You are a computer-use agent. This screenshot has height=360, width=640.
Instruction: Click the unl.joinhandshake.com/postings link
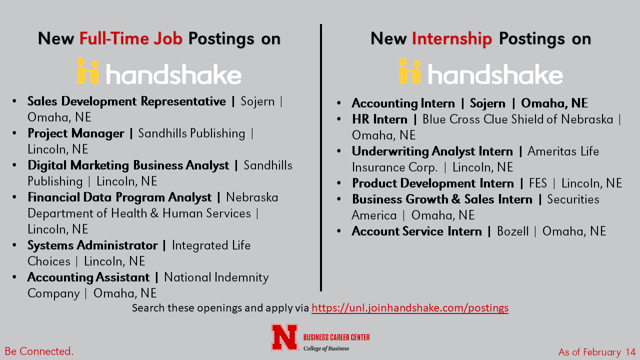pos(410,308)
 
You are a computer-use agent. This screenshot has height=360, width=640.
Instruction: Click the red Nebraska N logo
pos(284,337)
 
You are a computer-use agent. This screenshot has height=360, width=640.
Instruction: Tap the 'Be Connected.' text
pos(39,351)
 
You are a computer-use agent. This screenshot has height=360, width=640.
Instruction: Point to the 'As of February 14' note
pos(597,352)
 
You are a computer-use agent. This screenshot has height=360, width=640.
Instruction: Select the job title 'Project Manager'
pos(76,133)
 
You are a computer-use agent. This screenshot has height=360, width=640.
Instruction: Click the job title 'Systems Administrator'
pos(92,245)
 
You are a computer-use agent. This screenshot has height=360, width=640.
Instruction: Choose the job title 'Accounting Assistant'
pos(88,277)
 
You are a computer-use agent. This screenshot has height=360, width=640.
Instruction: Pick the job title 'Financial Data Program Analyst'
pos(119,197)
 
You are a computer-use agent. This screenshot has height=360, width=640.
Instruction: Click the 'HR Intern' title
pos(379,119)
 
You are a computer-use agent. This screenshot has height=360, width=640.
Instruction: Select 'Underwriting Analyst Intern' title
pos(432,151)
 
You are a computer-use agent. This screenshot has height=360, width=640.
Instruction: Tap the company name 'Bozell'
pos(513,231)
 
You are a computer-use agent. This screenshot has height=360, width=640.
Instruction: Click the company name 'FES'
pos(537,183)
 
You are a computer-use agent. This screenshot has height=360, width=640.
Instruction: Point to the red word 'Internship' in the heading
pos(451,39)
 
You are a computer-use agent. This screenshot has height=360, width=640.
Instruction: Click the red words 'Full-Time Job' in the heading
pos(131,38)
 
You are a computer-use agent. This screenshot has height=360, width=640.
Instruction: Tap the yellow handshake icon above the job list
pos(88,71)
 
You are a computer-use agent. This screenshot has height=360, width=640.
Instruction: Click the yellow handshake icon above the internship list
pos(409,71)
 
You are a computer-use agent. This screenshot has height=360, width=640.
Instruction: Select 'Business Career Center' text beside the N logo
pos(336,337)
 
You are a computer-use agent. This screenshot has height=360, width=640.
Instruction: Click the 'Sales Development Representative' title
pos(126,101)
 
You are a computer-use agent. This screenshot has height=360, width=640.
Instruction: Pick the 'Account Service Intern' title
pos(417,231)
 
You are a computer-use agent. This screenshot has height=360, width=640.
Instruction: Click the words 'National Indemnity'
pos(216,277)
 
